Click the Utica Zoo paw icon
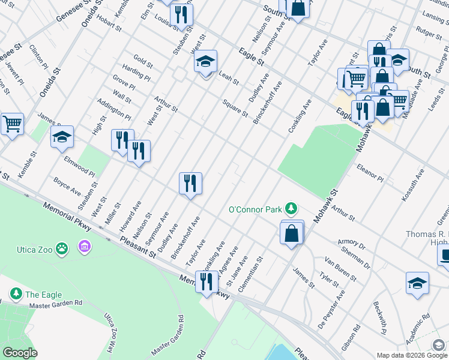tap(62, 247)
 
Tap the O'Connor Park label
tap(255, 209)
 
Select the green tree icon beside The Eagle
tap(16, 294)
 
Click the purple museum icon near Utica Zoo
tap(84, 247)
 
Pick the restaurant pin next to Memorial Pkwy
tap(206, 281)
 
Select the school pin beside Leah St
tap(205, 62)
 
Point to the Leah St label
tap(229, 77)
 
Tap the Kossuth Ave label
tap(414, 180)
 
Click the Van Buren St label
tap(340, 269)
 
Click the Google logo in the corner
tap(20, 353)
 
